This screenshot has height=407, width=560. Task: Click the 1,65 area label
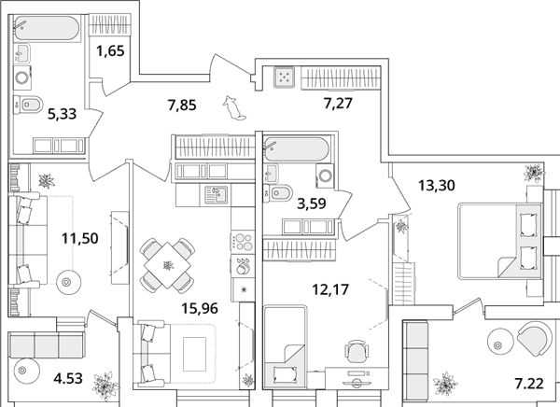click(x=110, y=51)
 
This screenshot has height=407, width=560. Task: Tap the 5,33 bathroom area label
click(x=63, y=114)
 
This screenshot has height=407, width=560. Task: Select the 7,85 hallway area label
click(x=182, y=105)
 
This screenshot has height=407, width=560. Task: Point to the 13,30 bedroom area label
click(x=437, y=186)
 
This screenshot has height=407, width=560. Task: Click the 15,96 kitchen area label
click(x=200, y=308)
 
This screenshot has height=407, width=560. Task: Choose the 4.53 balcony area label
click(x=68, y=378)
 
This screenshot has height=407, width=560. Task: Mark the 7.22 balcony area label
click(x=529, y=384)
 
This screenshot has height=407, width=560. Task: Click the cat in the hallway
click(x=234, y=108)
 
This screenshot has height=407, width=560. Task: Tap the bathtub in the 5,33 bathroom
click(x=47, y=27)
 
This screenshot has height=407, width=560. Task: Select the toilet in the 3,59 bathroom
click(x=277, y=193)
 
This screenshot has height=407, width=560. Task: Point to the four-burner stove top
click(x=243, y=242)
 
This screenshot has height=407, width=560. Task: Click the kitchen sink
click(x=216, y=195)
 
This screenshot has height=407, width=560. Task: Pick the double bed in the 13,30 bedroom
click(x=499, y=241)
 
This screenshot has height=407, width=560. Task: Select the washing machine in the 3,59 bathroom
click(x=325, y=176)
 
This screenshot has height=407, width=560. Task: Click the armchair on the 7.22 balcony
click(x=534, y=338)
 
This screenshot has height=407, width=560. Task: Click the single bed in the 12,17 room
click(x=285, y=346)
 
